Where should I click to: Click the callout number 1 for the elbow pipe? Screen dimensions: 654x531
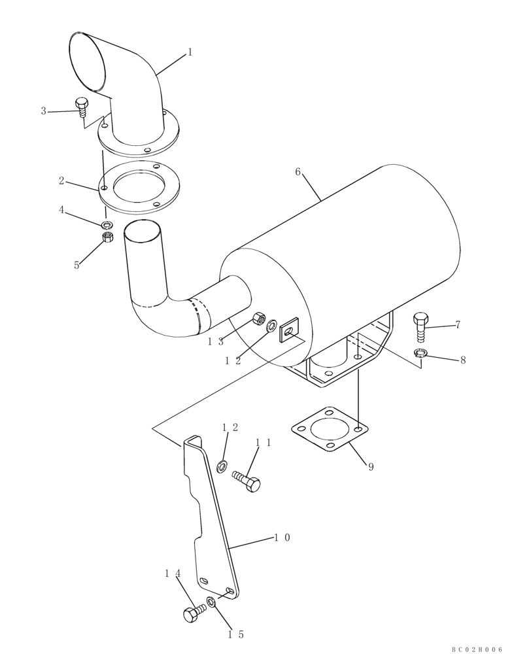[190, 52]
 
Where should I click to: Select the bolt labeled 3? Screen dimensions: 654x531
[82, 106]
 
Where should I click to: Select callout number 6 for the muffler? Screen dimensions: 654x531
[298, 172]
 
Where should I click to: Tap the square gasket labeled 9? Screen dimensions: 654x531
[329, 429]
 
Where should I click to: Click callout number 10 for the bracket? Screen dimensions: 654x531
[282, 538]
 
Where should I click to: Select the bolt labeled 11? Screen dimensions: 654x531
[247, 481]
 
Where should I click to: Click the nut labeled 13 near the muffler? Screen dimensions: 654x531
[259, 319]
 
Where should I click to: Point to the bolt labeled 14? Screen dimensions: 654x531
[194, 613]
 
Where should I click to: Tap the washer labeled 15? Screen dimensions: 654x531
[212, 602]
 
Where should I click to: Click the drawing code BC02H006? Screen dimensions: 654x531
[477, 649]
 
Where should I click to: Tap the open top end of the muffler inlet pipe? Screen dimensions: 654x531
[143, 230]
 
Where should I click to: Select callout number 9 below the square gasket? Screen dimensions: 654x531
[370, 467]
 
